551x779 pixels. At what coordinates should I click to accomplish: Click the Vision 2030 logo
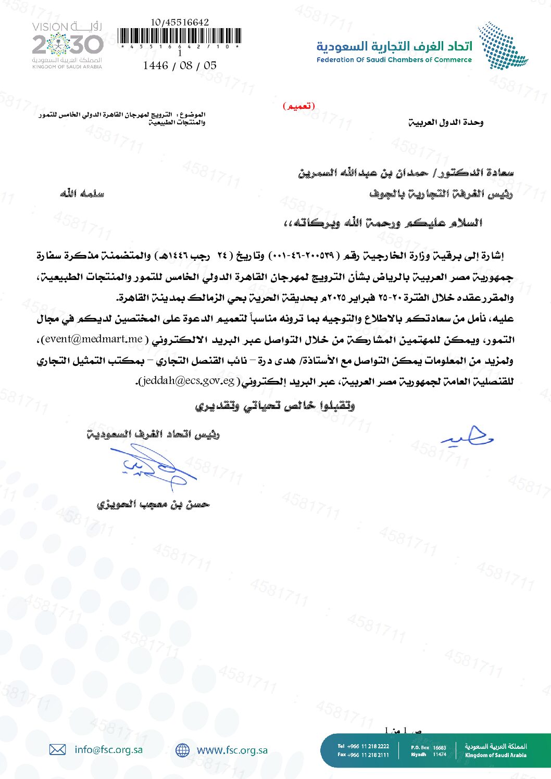[x=67, y=45]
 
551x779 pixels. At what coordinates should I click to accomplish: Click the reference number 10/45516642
[x=180, y=22]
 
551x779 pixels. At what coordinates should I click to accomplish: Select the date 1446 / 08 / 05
[x=180, y=66]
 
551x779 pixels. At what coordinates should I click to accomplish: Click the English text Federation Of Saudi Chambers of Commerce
[x=394, y=60]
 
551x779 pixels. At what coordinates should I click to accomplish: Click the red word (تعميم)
[x=299, y=106]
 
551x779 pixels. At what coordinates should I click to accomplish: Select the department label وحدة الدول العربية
[x=445, y=122]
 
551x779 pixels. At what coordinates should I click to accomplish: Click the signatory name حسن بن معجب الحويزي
[x=153, y=504]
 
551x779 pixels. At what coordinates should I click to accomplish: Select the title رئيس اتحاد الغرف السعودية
[x=153, y=434]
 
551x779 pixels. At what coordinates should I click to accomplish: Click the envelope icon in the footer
[x=57, y=749]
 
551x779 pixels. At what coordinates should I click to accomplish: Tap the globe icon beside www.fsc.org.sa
[x=182, y=750]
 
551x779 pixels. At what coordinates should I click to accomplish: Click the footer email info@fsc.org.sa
[x=108, y=749]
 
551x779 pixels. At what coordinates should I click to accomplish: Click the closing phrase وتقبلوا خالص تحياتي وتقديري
[x=275, y=406]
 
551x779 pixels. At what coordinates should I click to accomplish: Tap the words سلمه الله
[x=82, y=194]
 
